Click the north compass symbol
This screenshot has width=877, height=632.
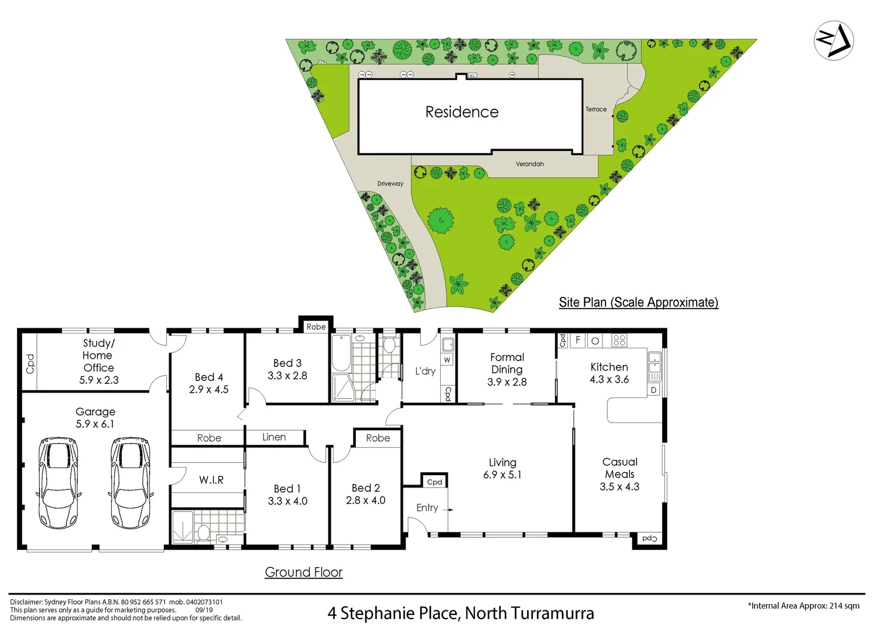[834, 40]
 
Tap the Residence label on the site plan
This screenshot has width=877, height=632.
[462, 112]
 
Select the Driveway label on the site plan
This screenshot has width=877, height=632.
[390, 184]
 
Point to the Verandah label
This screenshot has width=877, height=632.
[529, 164]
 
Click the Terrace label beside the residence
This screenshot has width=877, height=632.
[596, 109]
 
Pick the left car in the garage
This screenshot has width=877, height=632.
[58, 483]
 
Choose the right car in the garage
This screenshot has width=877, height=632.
[131, 483]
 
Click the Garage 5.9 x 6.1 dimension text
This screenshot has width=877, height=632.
[95, 424]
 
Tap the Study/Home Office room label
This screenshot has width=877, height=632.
[98, 355]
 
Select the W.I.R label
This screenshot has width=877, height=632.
[211, 480]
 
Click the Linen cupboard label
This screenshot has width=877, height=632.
[274, 437]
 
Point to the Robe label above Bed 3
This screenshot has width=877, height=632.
[316, 327]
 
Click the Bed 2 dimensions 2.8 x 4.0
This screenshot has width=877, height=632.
[365, 500]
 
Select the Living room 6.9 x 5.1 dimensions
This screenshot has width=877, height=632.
[502, 475]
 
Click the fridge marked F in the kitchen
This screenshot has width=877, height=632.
[578, 340]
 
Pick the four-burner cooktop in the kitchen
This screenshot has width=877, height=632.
[619, 340]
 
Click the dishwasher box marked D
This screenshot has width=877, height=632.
[653, 390]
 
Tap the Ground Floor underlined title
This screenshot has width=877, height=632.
[303, 572]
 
